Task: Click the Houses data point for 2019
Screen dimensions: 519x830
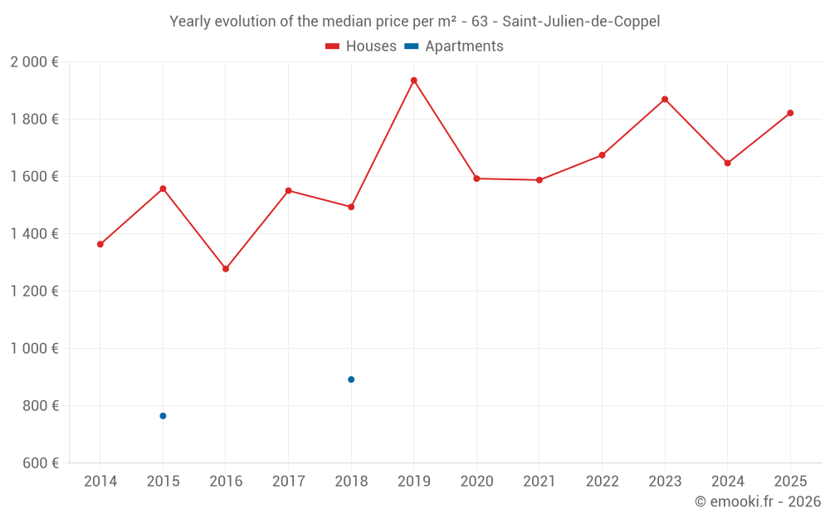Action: (413, 81)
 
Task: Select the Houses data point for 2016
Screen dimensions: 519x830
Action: (226, 269)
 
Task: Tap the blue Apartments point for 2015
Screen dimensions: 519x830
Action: (163, 416)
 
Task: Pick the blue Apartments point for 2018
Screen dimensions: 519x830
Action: (351, 379)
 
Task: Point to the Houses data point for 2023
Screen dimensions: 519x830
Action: (665, 100)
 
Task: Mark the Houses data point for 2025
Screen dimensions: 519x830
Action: (790, 113)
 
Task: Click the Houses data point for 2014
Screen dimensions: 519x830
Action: (100, 244)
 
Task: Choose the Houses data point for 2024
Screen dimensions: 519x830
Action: (727, 163)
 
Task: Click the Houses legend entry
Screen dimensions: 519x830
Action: (361, 47)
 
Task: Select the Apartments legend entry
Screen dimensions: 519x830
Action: (454, 47)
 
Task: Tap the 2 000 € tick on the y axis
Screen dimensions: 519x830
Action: (34, 62)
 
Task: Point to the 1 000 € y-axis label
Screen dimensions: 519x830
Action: (34, 349)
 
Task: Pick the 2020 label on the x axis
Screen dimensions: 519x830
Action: (476, 482)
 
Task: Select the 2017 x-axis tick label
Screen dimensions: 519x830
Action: (288, 482)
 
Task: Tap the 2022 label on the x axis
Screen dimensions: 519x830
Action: (602, 482)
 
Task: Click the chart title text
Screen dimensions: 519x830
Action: (414, 22)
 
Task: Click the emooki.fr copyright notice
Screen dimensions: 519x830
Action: (757, 502)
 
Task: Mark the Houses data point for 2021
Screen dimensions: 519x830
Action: (539, 180)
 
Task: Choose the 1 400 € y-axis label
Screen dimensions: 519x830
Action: (34, 234)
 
